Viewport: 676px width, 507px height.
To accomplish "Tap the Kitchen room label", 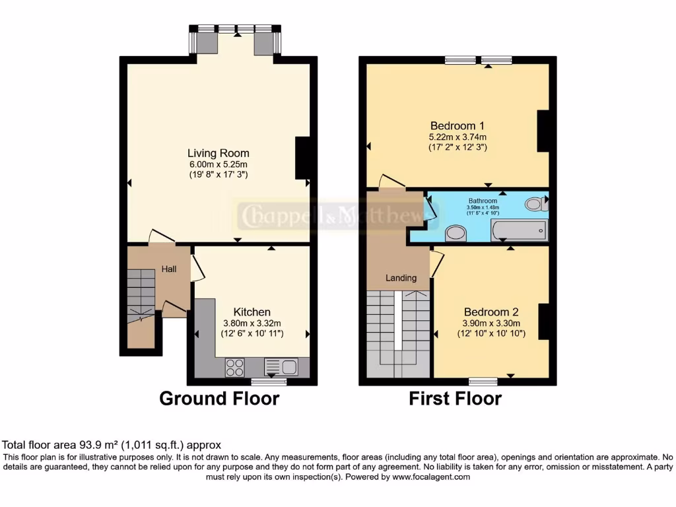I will click(252, 312).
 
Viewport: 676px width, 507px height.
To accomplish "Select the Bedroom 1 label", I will click(457, 125).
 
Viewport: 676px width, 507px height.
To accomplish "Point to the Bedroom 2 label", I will click(491, 312).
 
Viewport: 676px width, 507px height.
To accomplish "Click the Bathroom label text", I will click(483, 201).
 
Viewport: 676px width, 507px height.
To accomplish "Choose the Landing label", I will click(401, 278).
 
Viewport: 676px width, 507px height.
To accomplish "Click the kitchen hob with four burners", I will click(234, 366).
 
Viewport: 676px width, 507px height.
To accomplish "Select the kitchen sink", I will click(281, 366).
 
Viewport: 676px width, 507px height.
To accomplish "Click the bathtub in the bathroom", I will click(519, 230).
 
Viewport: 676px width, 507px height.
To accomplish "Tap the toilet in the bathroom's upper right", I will click(536, 204).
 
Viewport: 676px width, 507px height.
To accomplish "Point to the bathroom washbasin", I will click(456, 232).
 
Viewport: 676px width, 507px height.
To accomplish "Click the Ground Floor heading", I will click(219, 399).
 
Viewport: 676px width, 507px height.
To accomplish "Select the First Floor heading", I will click(455, 399).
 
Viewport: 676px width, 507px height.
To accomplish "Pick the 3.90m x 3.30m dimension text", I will click(491, 323).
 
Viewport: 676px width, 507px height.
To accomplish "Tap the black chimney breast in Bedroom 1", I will click(543, 131).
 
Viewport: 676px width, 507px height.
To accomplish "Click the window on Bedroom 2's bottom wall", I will click(483, 381).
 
